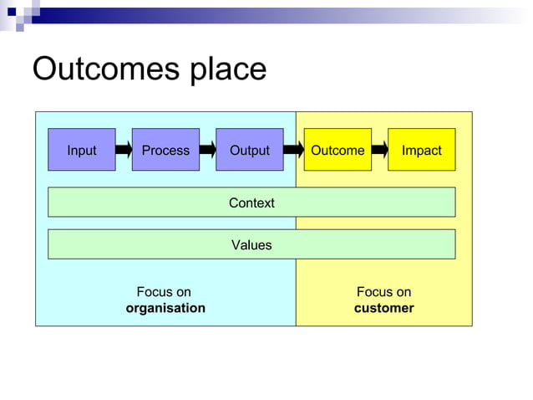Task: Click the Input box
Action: (81, 150)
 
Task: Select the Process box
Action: (165, 150)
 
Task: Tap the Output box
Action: (249, 150)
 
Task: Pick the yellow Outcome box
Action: (338, 150)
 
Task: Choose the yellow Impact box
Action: (421, 150)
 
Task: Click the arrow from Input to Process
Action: (124, 150)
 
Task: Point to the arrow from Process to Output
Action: (208, 150)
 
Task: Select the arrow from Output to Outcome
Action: (293, 150)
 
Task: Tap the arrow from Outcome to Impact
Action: (380, 150)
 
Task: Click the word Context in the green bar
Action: (251, 203)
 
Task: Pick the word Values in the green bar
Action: (251, 245)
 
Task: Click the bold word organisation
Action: (165, 308)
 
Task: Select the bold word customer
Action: (383, 308)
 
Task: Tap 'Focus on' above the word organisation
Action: (164, 292)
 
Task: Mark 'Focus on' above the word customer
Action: (383, 292)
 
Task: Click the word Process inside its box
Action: (165, 151)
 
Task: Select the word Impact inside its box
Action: (421, 151)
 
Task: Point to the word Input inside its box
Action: (81, 151)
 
